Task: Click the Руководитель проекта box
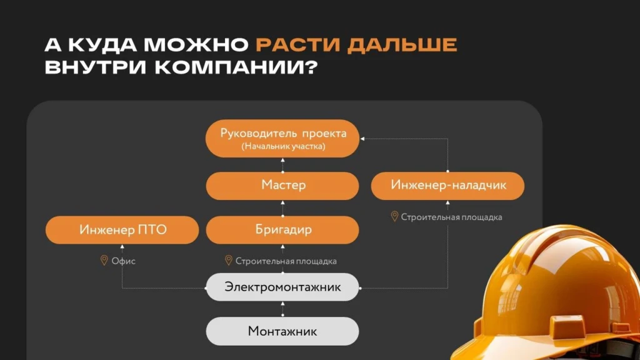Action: pyautogui.click(x=282, y=138)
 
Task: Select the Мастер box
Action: pyautogui.click(x=282, y=185)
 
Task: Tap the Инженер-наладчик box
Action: pyautogui.click(x=447, y=185)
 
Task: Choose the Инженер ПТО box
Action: pyautogui.click(x=122, y=229)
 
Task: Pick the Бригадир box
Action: pyautogui.click(x=282, y=229)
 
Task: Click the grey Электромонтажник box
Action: pyautogui.click(x=282, y=287)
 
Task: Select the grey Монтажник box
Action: pyautogui.click(x=282, y=331)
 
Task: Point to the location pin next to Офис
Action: pyautogui.click(x=104, y=260)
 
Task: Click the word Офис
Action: pyautogui.click(x=123, y=261)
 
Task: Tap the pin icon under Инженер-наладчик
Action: pyautogui.click(x=394, y=216)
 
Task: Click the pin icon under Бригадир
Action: pyautogui.click(x=228, y=260)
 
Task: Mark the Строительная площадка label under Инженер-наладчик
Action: pyautogui.click(x=451, y=217)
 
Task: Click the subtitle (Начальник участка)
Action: pyautogui.click(x=282, y=147)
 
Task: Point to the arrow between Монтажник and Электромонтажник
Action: pyautogui.click(x=282, y=309)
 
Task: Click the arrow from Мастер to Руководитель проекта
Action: pyautogui.click(x=282, y=164)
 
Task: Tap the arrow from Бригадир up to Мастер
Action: pyautogui.click(x=282, y=207)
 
